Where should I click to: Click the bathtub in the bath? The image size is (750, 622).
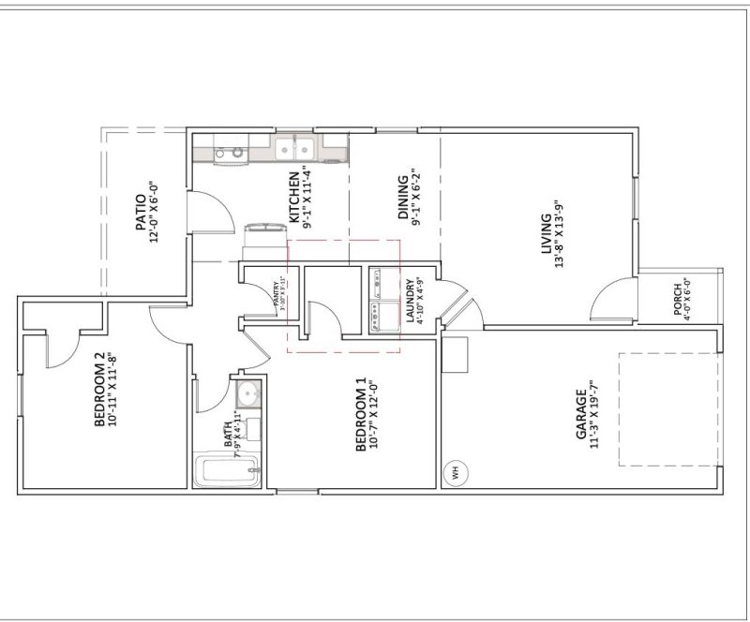click(x=226, y=471)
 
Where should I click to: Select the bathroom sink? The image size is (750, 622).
click(x=247, y=391)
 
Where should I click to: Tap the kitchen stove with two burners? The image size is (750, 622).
click(x=228, y=150)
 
